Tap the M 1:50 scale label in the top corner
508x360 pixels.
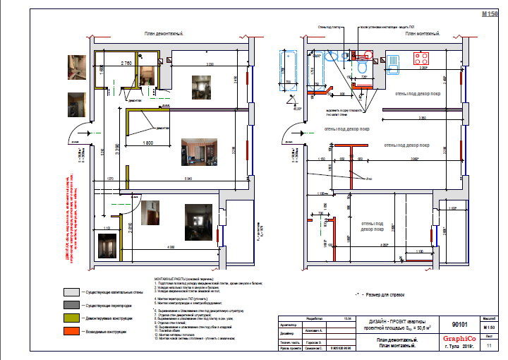489,13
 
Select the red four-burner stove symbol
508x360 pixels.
423,59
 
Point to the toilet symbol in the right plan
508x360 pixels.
362,64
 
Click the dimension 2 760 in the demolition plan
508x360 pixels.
128,64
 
